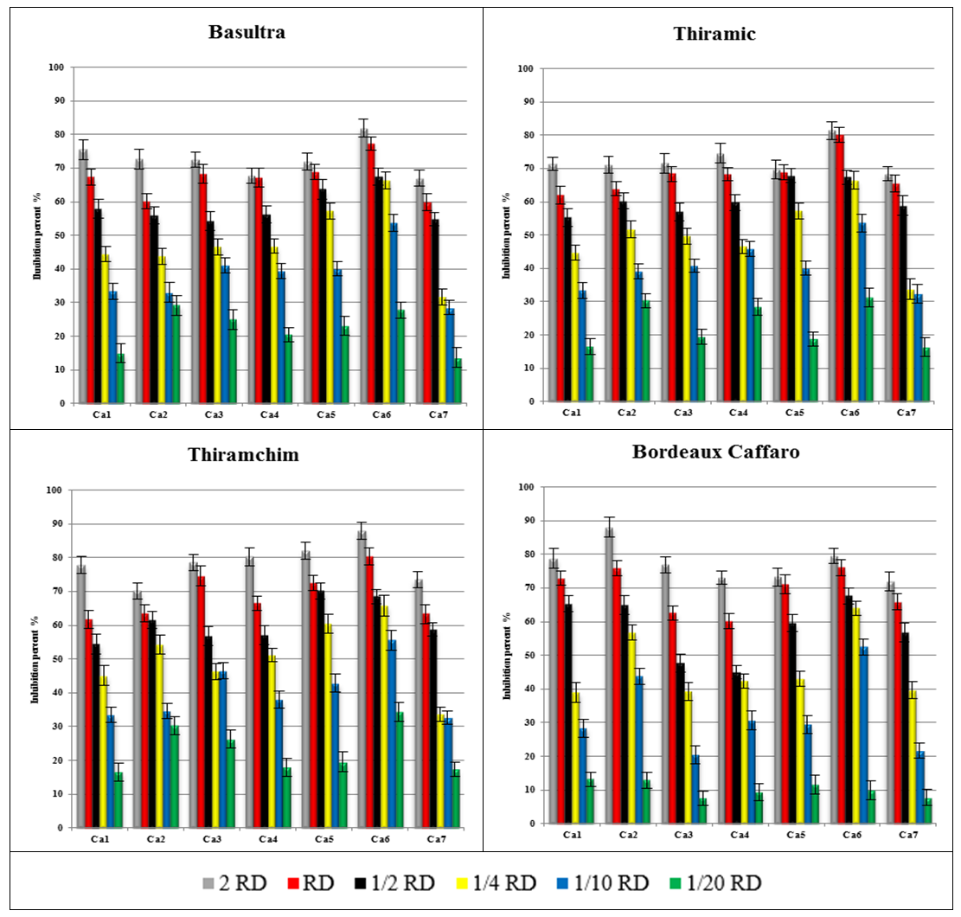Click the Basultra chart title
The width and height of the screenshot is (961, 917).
(x=247, y=34)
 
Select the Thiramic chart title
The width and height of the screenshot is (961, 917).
(x=714, y=34)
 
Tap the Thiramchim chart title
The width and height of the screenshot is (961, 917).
(x=244, y=455)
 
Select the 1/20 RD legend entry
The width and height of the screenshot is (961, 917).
(x=714, y=882)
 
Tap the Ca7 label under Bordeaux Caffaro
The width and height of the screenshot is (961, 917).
(x=908, y=836)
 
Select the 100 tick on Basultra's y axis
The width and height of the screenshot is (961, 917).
(x=58, y=67)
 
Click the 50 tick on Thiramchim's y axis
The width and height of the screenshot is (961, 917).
(x=58, y=659)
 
